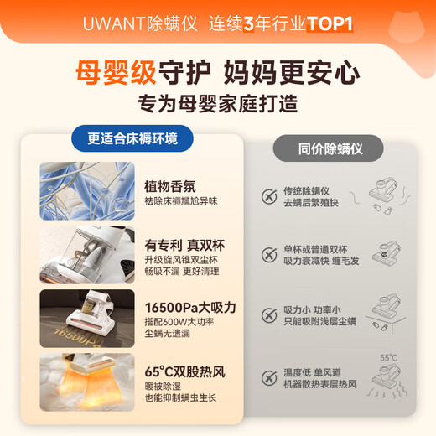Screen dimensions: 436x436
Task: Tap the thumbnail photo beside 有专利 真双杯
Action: click(87, 253)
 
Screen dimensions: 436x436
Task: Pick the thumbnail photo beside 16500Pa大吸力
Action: click(87, 316)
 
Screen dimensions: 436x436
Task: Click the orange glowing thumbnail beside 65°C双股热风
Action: click(87, 380)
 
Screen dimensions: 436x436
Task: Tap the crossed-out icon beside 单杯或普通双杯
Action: click(269, 255)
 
